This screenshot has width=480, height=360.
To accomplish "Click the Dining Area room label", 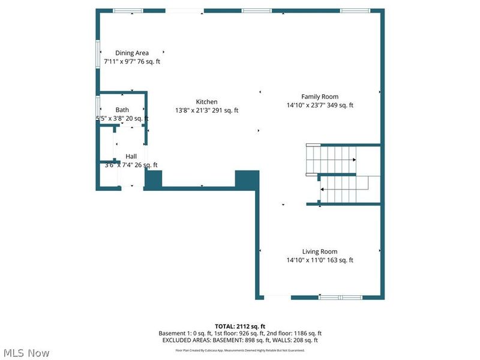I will click(x=132, y=53).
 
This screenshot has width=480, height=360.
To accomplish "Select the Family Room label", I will click(x=320, y=97).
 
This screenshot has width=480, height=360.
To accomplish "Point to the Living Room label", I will click(x=320, y=251).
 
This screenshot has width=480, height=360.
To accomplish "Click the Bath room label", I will click(x=122, y=110).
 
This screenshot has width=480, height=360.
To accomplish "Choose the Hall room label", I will click(x=131, y=156).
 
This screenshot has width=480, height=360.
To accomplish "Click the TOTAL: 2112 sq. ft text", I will click(x=240, y=326).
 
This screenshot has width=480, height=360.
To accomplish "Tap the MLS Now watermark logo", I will click(x=26, y=353).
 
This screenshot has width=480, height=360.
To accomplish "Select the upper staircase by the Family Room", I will click(x=332, y=160).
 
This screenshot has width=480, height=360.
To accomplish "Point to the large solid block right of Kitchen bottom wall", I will click(x=246, y=179).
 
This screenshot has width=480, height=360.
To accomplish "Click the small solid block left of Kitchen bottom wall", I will click(x=154, y=179).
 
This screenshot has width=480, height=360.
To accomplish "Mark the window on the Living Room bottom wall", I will click(x=340, y=297).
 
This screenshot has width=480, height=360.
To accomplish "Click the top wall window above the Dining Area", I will click(x=128, y=11).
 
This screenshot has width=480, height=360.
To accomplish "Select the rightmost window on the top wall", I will click(x=355, y=11).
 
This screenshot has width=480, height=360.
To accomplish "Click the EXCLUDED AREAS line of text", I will click(x=240, y=340).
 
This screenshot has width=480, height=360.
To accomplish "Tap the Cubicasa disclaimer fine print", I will click(x=240, y=350).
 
